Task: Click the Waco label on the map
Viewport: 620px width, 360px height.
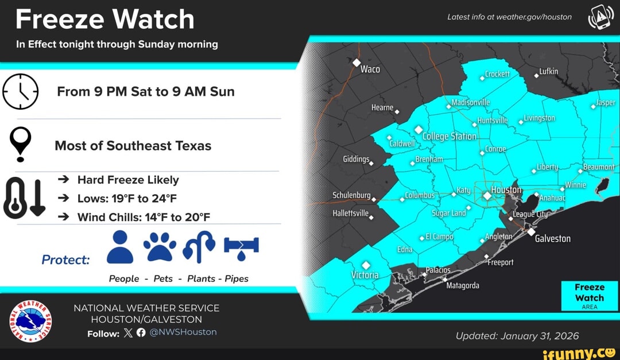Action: pos(370,69)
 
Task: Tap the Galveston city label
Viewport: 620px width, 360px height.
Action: pos(552,238)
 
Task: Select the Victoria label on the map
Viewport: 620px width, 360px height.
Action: pos(365,274)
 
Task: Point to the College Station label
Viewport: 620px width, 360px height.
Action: pos(449,136)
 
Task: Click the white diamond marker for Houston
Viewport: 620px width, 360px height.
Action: pos(487,196)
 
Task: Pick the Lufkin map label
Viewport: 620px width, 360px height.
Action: pos(549,71)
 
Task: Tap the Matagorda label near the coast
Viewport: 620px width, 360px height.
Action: pos(463,285)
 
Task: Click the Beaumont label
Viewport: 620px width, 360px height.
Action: pos(599,167)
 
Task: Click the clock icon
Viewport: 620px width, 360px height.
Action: pos(21,92)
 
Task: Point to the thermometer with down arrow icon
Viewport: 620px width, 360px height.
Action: pos(24,198)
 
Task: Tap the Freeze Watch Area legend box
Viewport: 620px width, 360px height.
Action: pos(590,295)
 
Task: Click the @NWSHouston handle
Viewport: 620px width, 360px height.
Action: pos(183,332)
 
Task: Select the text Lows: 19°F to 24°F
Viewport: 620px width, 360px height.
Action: pos(127,199)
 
